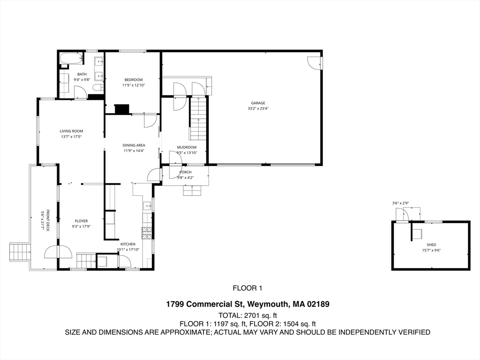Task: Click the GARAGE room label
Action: [258, 103]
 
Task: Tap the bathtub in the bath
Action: [71, 59]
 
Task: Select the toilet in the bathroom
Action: [98, 87]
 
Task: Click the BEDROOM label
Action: [134, 80]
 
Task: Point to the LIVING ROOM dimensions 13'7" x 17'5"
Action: [71, 136]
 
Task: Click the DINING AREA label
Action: [134, 145]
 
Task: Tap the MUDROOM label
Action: [187, 147]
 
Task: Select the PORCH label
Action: [185, 172]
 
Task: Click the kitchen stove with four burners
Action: [147, 233]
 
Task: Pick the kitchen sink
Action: [147, 206]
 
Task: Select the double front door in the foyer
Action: [58, 252]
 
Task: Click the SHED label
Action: [431, 245]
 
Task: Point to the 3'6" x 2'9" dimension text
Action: [401, 203]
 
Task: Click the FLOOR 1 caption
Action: [247, 288]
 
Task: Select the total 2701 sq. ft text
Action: [247, 315]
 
